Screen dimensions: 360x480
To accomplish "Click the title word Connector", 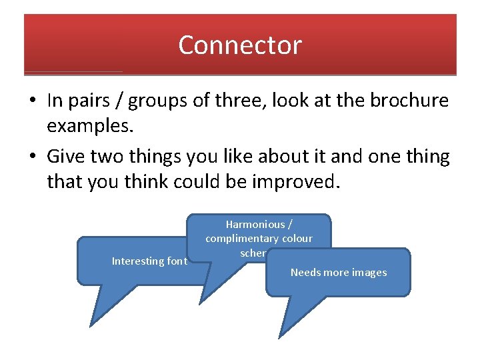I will pos(240,45).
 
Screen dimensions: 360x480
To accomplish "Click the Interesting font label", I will pos(149,261).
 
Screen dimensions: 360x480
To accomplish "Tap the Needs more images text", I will pos(339,273).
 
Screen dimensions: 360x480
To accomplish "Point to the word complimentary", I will pos(242,239).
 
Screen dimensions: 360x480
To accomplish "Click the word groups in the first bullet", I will pos(158,101).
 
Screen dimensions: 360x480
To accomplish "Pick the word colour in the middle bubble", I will pos(297,239).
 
